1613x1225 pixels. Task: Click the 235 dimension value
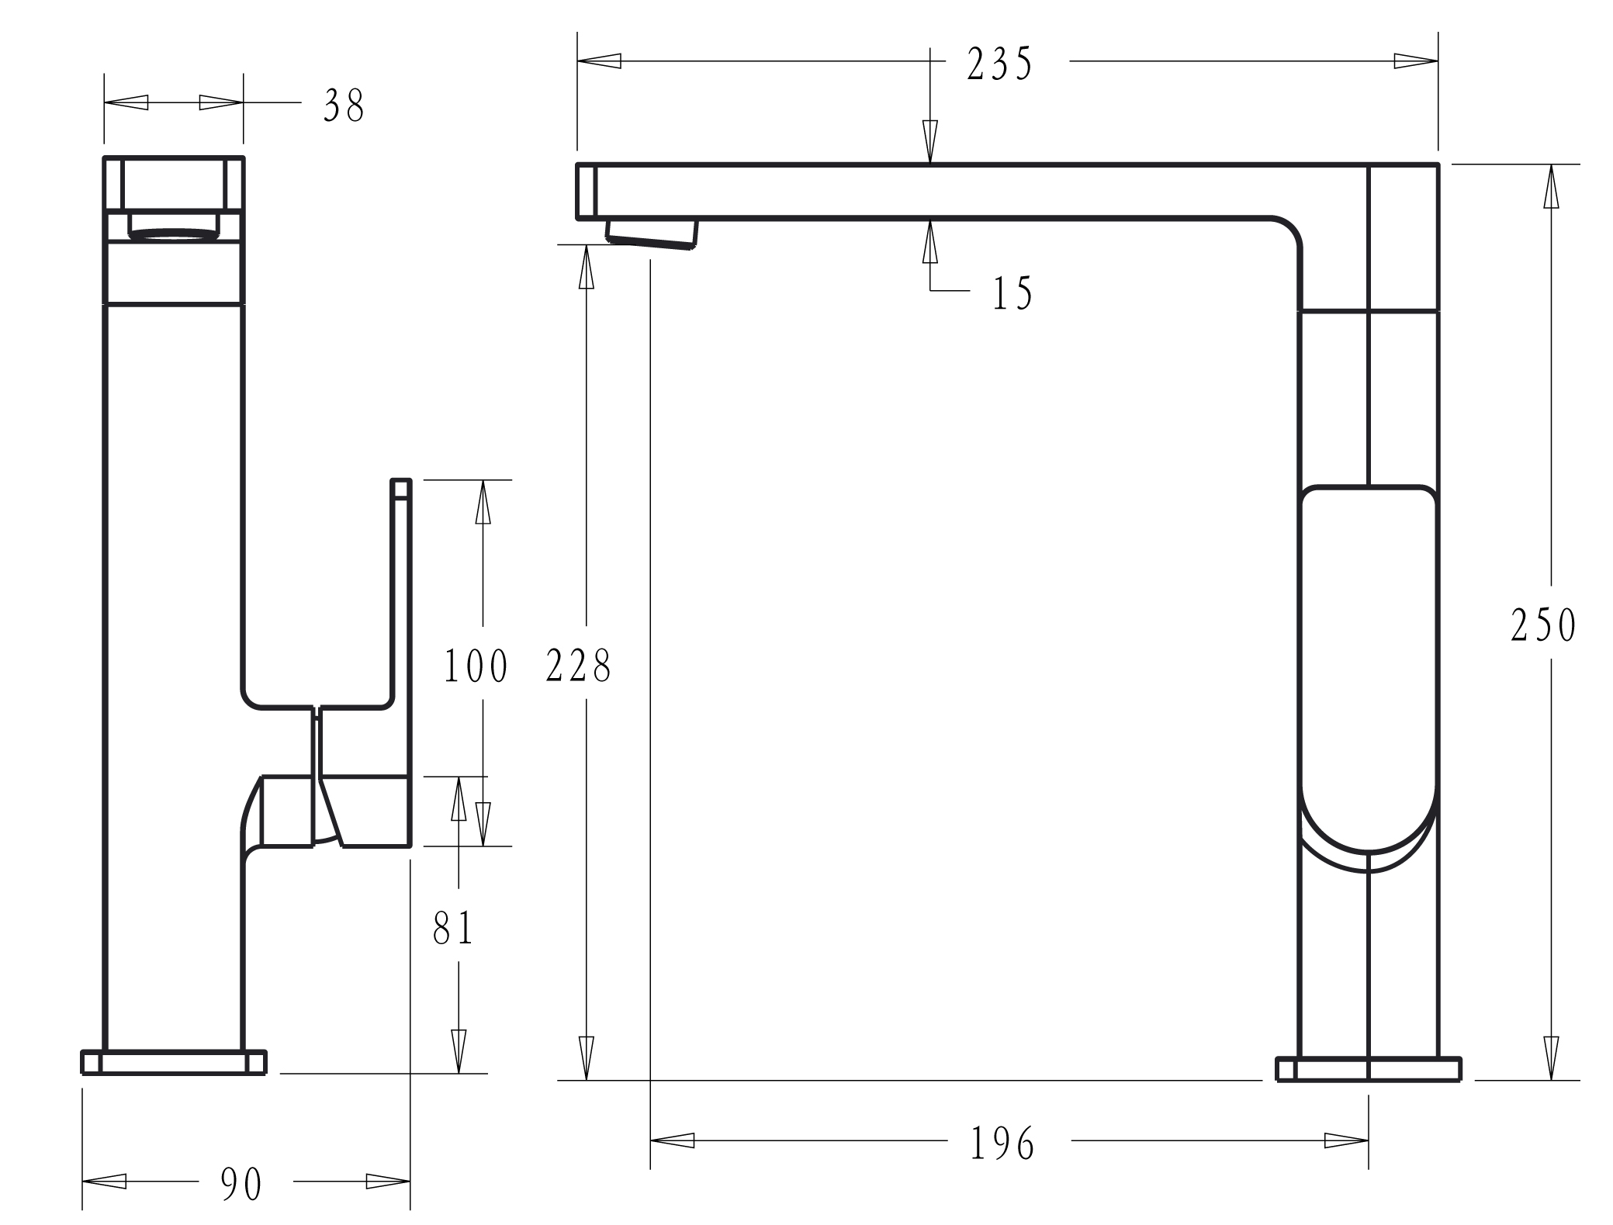click(x=999, y=64)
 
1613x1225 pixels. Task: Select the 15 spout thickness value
click(x=1012, y=293)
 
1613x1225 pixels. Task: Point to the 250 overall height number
click(x=1543, y=625)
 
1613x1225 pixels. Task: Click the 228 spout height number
click(x=579, y=665)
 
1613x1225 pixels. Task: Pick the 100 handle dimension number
click(x=476, y=666)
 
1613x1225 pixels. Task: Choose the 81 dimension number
click(x=453, y=927)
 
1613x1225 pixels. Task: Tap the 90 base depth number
click(x=241, y=1184)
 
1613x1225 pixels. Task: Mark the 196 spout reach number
click(x=1002, y=1143)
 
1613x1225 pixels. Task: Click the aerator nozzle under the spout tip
click(x=652, y=234)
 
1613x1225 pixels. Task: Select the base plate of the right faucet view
click(x=1369, y=1069)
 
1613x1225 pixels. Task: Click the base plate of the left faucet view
click(x=174, y=1062)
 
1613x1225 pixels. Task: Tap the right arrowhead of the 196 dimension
click(x=1346, y=1140)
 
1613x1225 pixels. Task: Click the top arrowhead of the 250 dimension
click(x=1551, y=186)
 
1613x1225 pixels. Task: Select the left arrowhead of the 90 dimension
click(x=104, y=1182)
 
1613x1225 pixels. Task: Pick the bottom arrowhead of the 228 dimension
click(x=587, y=1057)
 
